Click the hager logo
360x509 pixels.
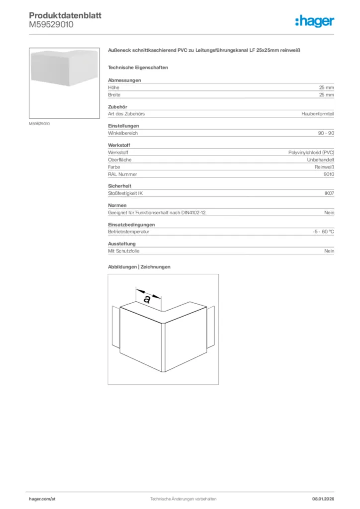point(315,21)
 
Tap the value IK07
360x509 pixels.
point(329,193)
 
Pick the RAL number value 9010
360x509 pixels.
point(329,174)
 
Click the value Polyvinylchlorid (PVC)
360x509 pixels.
point(311,153)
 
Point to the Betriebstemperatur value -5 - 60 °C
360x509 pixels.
point(320,232)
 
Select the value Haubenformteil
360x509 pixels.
point(318,114)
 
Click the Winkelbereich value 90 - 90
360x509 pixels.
point(326,133)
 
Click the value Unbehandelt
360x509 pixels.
point(320,160)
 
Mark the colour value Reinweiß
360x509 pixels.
point(324,167)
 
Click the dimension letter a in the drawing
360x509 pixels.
point(147,299)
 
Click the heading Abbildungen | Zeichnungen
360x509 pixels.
point(139,267)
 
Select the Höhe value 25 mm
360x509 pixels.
point(326,87)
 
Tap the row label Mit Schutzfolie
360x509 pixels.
point(123,251)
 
